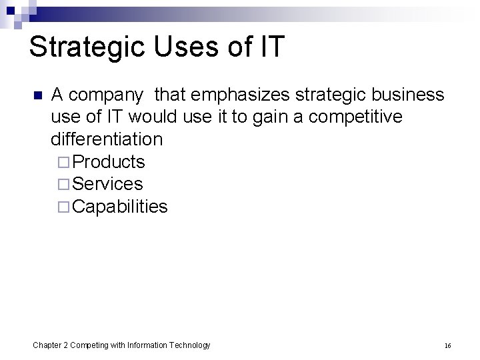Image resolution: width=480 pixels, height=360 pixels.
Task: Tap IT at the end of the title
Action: pyautogui.click(x=273, y=47)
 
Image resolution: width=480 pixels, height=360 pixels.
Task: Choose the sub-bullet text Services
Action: pyautogui.click(x=107, y=183)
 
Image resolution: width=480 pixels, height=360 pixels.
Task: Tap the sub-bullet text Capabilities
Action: pyautogui.click(x=120, y=206)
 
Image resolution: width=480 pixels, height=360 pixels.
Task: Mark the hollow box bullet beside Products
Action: pyautogui.click(x=63, y=162)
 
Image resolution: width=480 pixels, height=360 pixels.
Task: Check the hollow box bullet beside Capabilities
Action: pyautogui.click(x=63, y=207)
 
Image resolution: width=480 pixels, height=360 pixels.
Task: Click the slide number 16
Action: pyautogui.click(x=447, y=345)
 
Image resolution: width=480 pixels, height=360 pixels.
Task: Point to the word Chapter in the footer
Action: pyautogui.click(x=47, y=345)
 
